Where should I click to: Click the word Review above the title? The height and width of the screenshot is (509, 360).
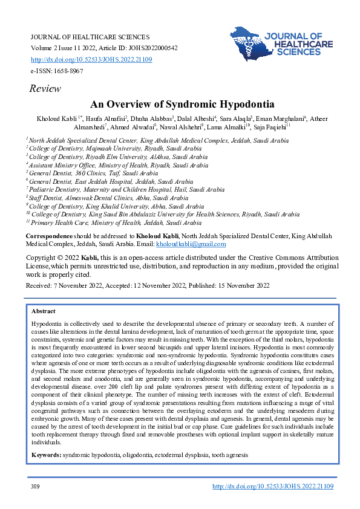pyautogui.click(x=45, y=89)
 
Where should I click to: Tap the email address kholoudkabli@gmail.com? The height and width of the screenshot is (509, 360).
pyautogui.click(x=191, y=244)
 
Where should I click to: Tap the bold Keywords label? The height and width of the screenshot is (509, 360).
pyautogui.click(x=46, y=454)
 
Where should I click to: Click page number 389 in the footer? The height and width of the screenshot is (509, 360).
pyautogui.click(x=35, y=486)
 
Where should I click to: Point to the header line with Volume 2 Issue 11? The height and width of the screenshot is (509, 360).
pyautogui.click(x=103, y=48)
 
